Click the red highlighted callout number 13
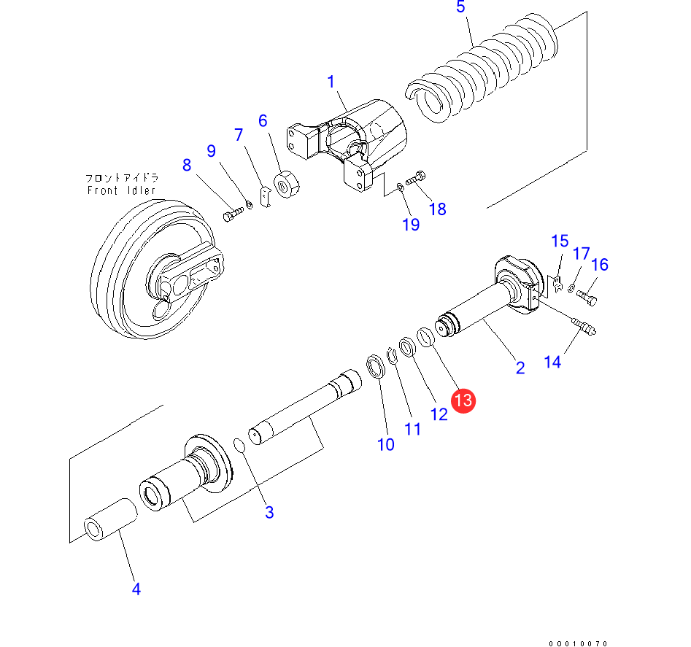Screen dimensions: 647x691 [463, 400]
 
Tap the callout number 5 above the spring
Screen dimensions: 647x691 [460, 7]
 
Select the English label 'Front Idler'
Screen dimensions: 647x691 [121, 191]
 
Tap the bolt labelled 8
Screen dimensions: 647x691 [231, 215]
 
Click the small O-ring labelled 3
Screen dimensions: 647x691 [239, 444]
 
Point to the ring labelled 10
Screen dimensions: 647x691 [376, 367]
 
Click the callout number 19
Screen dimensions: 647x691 [411, 224]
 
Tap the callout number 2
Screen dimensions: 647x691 [520, 368]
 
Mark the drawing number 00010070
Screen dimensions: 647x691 [579, 643]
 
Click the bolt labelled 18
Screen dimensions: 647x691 [417, 177]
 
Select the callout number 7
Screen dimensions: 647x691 [238, 135]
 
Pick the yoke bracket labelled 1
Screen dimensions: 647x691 [350, 142]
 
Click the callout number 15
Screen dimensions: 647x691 [559, 241]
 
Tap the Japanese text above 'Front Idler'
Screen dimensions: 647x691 [122, 178]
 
